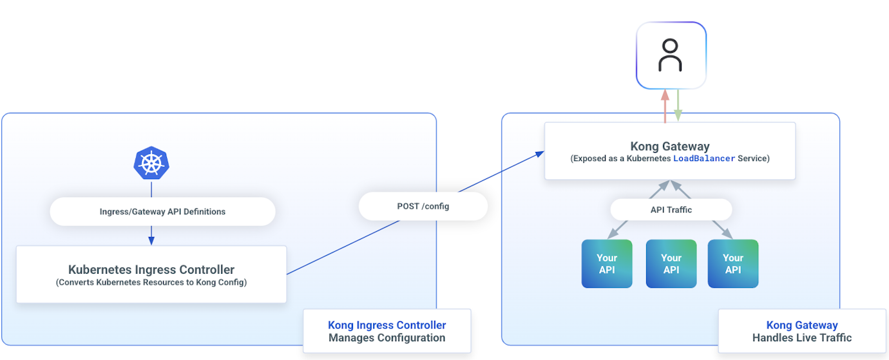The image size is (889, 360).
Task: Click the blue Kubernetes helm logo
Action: coord(151,163)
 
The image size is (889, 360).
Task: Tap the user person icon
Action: coord(671,55)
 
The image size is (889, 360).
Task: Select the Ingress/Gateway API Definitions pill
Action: coord(162,211)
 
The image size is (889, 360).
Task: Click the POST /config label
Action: coord(423,206)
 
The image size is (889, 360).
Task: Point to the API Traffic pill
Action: coord(671,209)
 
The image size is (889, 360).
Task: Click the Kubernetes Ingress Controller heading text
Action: coord(151,270)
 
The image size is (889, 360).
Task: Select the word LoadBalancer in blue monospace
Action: coord(704,158)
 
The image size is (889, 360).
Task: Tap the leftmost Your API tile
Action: coord(607,263)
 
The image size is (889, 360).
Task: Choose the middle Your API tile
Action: coord(671,263)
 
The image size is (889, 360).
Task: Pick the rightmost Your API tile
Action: coord(733,263)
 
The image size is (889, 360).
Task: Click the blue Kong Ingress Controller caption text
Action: coord(387,325)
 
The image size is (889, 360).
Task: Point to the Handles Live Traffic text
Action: coord(802,337)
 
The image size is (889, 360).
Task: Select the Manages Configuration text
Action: coord(387,337)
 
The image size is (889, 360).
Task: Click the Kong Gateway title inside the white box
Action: coord(670,146)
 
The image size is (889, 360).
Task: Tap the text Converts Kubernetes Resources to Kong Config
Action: coord(151,282)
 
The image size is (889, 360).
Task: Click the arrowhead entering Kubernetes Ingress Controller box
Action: coord(151,241)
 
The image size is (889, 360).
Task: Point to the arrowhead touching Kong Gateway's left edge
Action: coord(540,154)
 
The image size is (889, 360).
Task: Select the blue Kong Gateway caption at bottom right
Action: coord(802,325)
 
